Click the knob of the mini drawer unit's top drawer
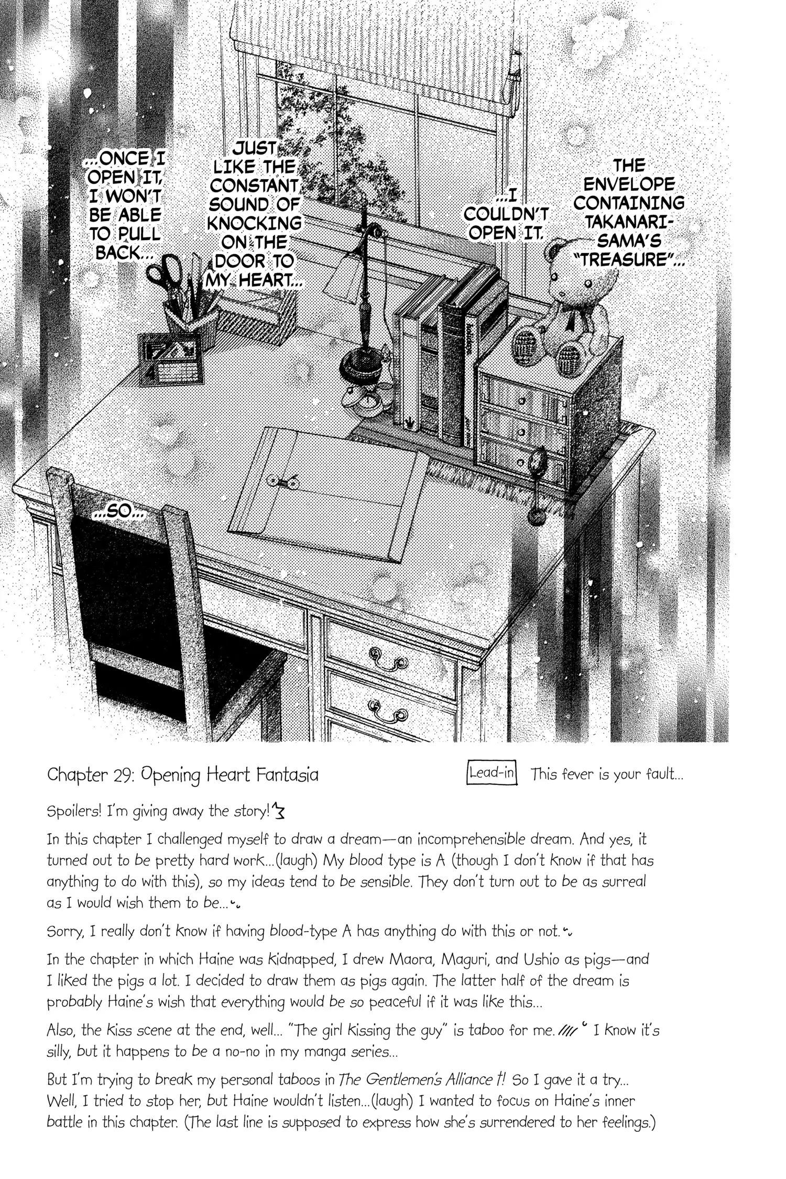tap(522, 401)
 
